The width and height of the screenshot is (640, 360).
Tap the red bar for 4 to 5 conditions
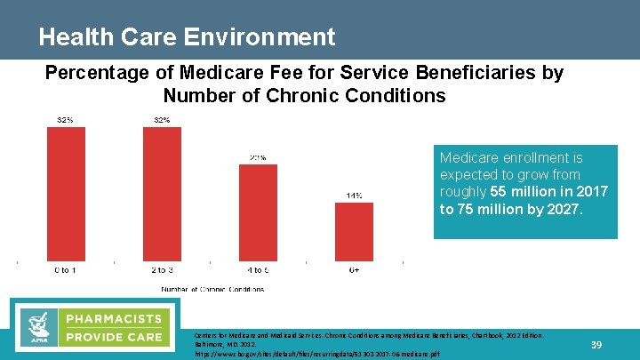click(x=258, y=213)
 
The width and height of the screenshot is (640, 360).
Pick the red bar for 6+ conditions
click(x=354, y=231)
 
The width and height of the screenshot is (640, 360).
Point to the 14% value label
click(x=354, y=196)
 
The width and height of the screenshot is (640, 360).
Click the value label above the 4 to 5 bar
click(x=258, y=158)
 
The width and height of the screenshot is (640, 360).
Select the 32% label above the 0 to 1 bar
click(x=66, y=120)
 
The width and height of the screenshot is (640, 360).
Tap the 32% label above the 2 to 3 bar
click(x=162, y=120)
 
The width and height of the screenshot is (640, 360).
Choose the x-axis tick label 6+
click(x=354, y=270)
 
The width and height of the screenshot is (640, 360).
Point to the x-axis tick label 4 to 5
click(x=258, y=270)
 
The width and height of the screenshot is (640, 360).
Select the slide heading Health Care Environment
click(x=187, y=37)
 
